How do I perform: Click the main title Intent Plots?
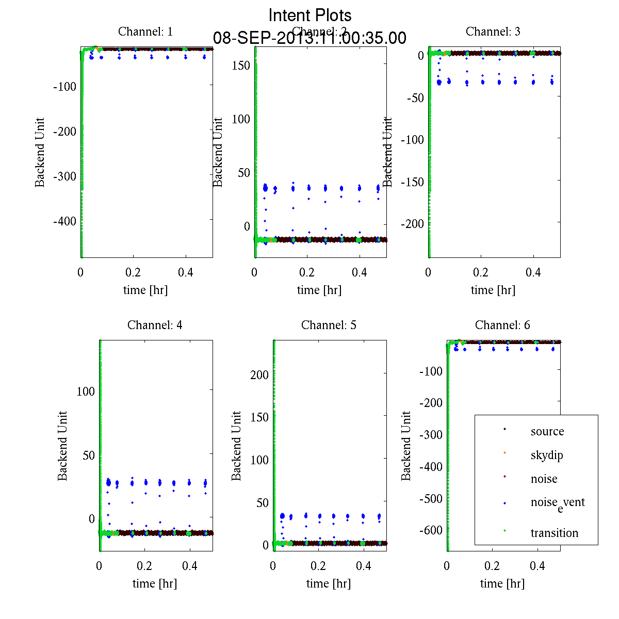pos(310,15)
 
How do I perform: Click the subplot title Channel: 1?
pos(145,31)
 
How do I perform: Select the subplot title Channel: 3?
pos(493,31)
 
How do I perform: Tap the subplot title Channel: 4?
pos(155,325)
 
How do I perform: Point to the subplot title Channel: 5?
pos(329,325)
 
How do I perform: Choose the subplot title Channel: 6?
pos(502,325)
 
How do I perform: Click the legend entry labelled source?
pos(547,431)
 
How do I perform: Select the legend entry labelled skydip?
pos(546,455)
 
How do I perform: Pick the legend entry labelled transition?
pos(554,533)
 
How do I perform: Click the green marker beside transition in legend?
pos(504,531)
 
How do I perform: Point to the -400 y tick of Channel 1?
pos(64,221)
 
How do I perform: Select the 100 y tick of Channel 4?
pos(86,391)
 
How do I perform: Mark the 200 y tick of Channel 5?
pos(259,374)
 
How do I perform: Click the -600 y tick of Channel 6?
pos(431,530)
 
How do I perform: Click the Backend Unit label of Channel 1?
pos(40,152)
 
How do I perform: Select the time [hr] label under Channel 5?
pos(329,583)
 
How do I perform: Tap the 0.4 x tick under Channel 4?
pos(190,566)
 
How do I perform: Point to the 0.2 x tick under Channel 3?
pos(481,272)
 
